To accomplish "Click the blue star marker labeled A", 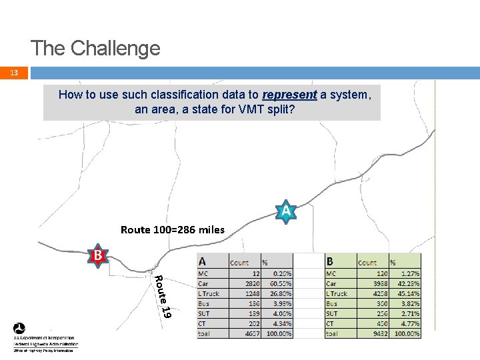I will tap(285, 211).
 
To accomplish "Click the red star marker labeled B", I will tap(97, 255).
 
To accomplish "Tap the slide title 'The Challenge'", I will tap(95, 48).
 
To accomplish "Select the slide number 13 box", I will tap(14, 73).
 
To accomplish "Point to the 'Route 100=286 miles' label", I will tap(173, 230).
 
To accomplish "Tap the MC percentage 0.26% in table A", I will tap(280, 273).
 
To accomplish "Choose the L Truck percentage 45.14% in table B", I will tap(408, 293).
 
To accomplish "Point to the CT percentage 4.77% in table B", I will tap(409, 323).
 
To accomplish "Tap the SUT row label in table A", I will tap(203, 313).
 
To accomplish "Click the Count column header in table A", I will tap(239, 263).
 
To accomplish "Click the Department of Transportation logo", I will tap(20, 329).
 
